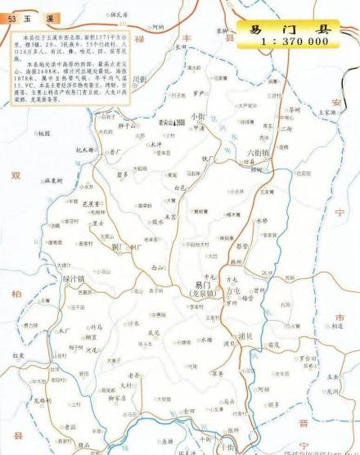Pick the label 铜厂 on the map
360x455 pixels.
(x=117, y=247)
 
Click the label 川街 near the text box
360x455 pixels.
(x=140, y=79)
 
